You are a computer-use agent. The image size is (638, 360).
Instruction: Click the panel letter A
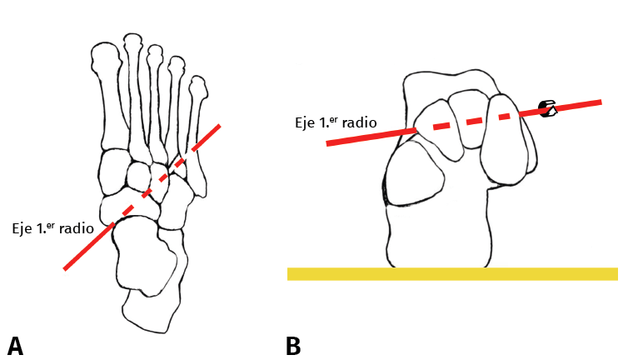[x=14, y=345]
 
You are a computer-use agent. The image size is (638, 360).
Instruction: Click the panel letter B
[x=293, y=345]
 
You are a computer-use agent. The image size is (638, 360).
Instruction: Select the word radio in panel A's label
[x=88, y=227]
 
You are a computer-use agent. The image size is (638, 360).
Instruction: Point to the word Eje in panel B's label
[x=305, y=122]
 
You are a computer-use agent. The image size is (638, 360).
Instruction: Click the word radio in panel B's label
[x=359, y=122]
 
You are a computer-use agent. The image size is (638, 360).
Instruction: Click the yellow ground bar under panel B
[x=452, y=273]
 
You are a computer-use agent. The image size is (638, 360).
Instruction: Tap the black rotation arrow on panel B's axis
[x=547, y=108]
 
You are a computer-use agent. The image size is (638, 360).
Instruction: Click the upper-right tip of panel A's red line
[x=219, y=127]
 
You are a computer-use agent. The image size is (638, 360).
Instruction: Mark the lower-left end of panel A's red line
[x=65, y=268]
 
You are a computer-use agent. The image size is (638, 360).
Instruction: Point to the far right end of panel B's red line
[x=600, y=102]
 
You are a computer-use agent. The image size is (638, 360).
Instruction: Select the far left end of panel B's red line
[x=328, y=143]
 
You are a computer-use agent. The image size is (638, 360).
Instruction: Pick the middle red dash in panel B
[x=473, y=121]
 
